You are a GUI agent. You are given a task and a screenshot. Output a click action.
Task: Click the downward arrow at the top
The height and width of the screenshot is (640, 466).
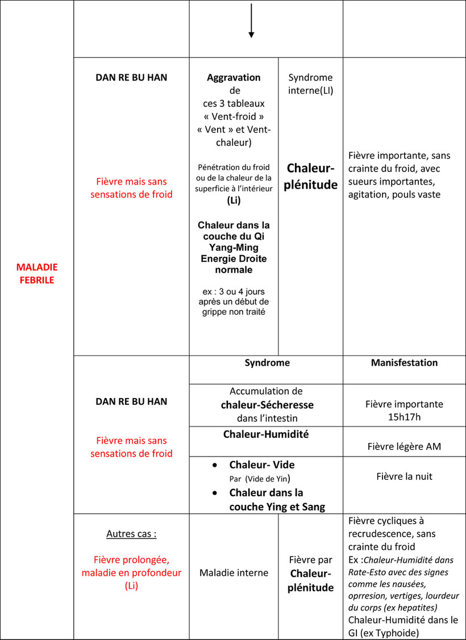pos(251,20)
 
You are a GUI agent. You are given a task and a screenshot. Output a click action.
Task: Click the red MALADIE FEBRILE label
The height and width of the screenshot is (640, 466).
pos(37,274)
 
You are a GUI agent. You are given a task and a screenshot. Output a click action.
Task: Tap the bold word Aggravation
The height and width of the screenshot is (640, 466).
pos(234,78)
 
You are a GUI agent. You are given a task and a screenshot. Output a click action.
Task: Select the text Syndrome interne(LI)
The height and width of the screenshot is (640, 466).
pos(310,84)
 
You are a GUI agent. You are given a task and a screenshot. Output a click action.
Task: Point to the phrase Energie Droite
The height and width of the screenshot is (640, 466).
pos(234,259)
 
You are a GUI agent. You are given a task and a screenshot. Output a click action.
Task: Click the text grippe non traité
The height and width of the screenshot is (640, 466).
pos(234,311)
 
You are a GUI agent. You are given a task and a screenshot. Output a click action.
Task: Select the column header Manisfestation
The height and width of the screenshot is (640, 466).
pos(404,363)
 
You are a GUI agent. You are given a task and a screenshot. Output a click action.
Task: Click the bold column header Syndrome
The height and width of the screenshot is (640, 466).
pos(267,363)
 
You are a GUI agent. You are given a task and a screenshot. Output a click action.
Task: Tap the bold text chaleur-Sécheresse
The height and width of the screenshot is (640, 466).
pos(267,405)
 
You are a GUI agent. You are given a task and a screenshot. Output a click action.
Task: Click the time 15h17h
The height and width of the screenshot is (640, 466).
pos(404,417)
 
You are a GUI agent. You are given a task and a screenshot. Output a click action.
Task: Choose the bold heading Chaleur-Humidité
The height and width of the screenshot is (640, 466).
pos(266,434)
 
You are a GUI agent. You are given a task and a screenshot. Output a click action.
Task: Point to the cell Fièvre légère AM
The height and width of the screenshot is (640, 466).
pos(404,446)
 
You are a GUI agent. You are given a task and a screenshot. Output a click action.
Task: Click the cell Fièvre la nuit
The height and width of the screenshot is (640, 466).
pos(404,476)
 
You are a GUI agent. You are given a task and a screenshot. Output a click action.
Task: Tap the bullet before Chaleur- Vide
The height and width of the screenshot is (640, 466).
pos(215,465)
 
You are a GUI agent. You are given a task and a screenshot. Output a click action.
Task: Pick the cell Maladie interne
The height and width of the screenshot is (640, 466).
pos(234,572)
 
